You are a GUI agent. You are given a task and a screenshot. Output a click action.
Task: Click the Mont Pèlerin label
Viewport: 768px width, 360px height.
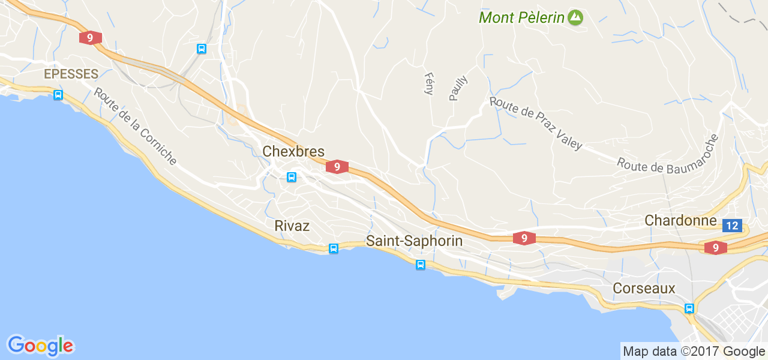pyautogui.click(x=521, y=17)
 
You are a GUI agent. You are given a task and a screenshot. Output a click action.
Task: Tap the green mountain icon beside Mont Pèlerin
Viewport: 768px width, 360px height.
pyautogui.click(x=575, y=17)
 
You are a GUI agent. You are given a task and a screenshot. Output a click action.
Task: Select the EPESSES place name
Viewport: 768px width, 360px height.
pyautogui.click(x=71, y=74)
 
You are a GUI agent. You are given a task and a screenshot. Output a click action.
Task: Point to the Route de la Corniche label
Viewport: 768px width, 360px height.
pyautogui.click(x=135, y=127)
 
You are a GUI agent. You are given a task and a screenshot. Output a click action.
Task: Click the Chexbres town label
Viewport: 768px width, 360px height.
pyautogui.click(x=293, y=151)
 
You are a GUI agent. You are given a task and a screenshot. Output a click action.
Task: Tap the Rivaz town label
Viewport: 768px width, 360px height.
pyautogui.click(x=292, y=226)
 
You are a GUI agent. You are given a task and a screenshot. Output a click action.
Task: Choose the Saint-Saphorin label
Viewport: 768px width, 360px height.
pyautogui.click(x=414, y=241)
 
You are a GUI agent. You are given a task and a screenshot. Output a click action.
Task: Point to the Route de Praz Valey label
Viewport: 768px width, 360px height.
pyautogui.click(x=536, y=123)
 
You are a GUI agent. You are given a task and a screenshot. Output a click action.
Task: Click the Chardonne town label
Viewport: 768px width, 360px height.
pyautogui.click(x=680, y=220)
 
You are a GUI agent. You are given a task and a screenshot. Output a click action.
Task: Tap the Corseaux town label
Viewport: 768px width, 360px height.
pyautogui.click(x=644, y=288)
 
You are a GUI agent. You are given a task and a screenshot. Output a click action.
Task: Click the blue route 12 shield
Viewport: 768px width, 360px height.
pyautogui.click(x=732, y=226)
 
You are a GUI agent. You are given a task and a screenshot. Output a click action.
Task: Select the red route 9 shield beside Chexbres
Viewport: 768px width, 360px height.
pyautogui.click(x=337, y=167)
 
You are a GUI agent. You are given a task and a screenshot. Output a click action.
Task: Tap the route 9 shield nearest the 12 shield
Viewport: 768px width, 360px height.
pyautogui.click(x=715, y=247)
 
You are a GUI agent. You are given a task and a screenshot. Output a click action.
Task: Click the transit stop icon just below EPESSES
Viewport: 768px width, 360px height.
pyautogui.click(x=58, y=95)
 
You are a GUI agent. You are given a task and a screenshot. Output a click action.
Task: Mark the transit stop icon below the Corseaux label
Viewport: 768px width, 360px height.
pyautogui.click(x=689, y=308)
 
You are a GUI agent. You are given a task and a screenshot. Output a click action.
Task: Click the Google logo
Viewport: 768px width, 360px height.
pyautogui.click(x=40, y=345)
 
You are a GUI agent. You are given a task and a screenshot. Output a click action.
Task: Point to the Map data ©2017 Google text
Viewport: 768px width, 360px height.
pyautogui.click(x=694, y=351)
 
